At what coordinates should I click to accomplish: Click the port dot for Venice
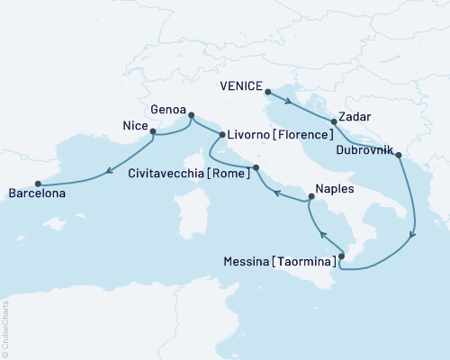coord(269,91)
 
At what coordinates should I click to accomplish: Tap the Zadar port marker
coord(333,121)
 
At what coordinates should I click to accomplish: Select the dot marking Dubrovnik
coord(399,156)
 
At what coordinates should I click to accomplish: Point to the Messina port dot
coord(341,256)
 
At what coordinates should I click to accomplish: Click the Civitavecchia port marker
coord(256,167)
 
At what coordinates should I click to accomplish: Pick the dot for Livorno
coord(221,135)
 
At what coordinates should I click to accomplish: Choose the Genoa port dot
coord(191,114)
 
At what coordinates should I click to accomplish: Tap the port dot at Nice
coord(152,132)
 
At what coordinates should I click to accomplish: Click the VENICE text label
coord(241,87)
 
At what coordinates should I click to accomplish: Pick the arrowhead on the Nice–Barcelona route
coord(107,167)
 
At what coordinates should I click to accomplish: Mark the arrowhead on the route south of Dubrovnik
coord(412,237)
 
